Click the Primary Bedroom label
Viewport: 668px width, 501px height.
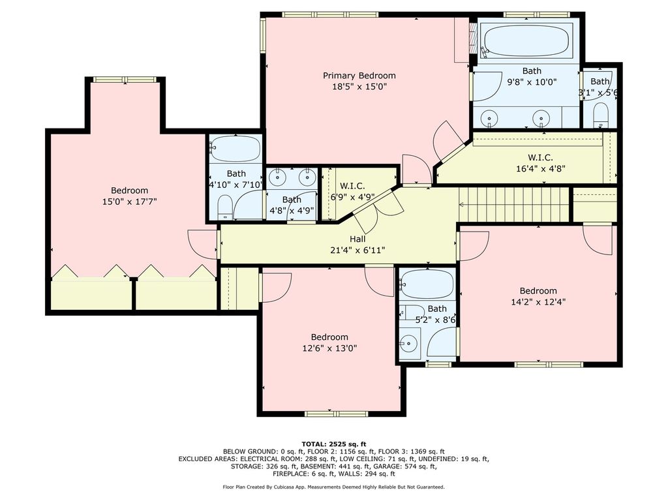tap(359, 76)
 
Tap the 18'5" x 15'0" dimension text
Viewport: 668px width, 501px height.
tap(359, 87)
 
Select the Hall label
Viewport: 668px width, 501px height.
tap(357, 239)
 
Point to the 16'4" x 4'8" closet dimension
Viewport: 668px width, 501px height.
tap(541, 169)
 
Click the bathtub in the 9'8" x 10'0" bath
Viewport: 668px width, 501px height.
tap(526, 40)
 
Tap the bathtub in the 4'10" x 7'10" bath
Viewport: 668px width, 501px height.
tap(235, 148)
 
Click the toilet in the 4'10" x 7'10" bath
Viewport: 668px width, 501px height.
tap(224, 207)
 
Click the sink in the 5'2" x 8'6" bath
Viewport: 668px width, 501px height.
tap(409, 342)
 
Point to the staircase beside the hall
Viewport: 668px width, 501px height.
tap(514, 204)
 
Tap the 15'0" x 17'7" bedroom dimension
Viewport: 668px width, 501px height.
tap(130, 202)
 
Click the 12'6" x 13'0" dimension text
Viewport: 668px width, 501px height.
tap(329, 348)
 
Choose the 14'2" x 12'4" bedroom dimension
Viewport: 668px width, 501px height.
tap(538, 302)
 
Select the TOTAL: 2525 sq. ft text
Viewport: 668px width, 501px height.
tap(334, 444)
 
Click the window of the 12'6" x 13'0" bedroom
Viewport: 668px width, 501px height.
tap(336, 414)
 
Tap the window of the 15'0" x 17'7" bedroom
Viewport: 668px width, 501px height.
tap(125, 80)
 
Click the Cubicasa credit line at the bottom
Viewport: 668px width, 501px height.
tap(333, 487)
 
